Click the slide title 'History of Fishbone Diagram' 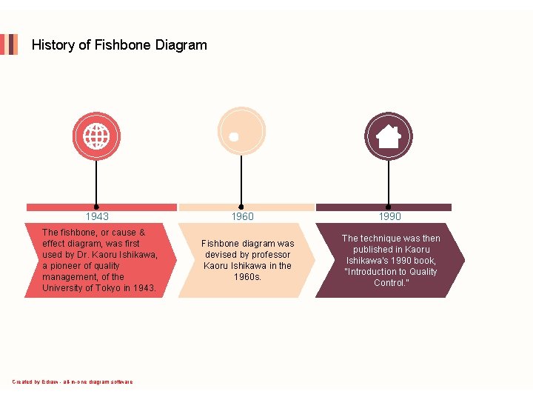tap(119, 45)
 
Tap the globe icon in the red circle tap(96, 136)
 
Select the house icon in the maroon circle tap(389, 136)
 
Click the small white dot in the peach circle tap(234, 137)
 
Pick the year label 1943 tap(97, 216)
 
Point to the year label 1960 tap(242, 216)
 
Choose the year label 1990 tap(389, 216)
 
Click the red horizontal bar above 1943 tap(101, 207)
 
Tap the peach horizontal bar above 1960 tap(247, 207)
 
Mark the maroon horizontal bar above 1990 tap(383, 207)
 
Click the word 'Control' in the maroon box tap(389, 283)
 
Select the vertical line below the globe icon tap(96, 181)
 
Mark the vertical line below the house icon tap(389, 181)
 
